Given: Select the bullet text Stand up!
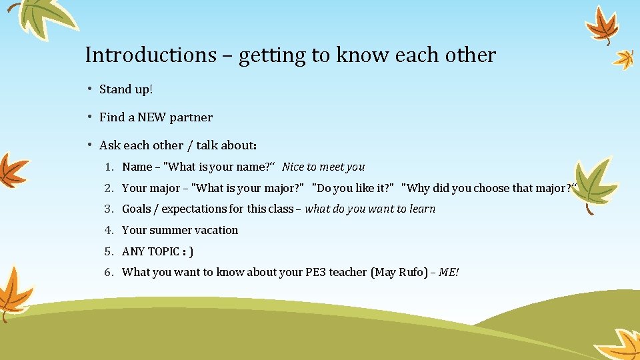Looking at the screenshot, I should pos(126,89).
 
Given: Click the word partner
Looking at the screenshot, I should pos(191,117).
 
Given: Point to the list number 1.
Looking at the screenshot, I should pos(107,167).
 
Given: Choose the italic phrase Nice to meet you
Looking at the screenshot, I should pos(323,167).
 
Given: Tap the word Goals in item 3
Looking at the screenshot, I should pos(137,209).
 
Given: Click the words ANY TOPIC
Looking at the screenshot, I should pos(151,251).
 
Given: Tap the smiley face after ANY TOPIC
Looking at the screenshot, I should pos(187,251).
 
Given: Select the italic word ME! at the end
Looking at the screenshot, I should pos(449,272).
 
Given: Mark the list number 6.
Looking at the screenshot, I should pos(107,272).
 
